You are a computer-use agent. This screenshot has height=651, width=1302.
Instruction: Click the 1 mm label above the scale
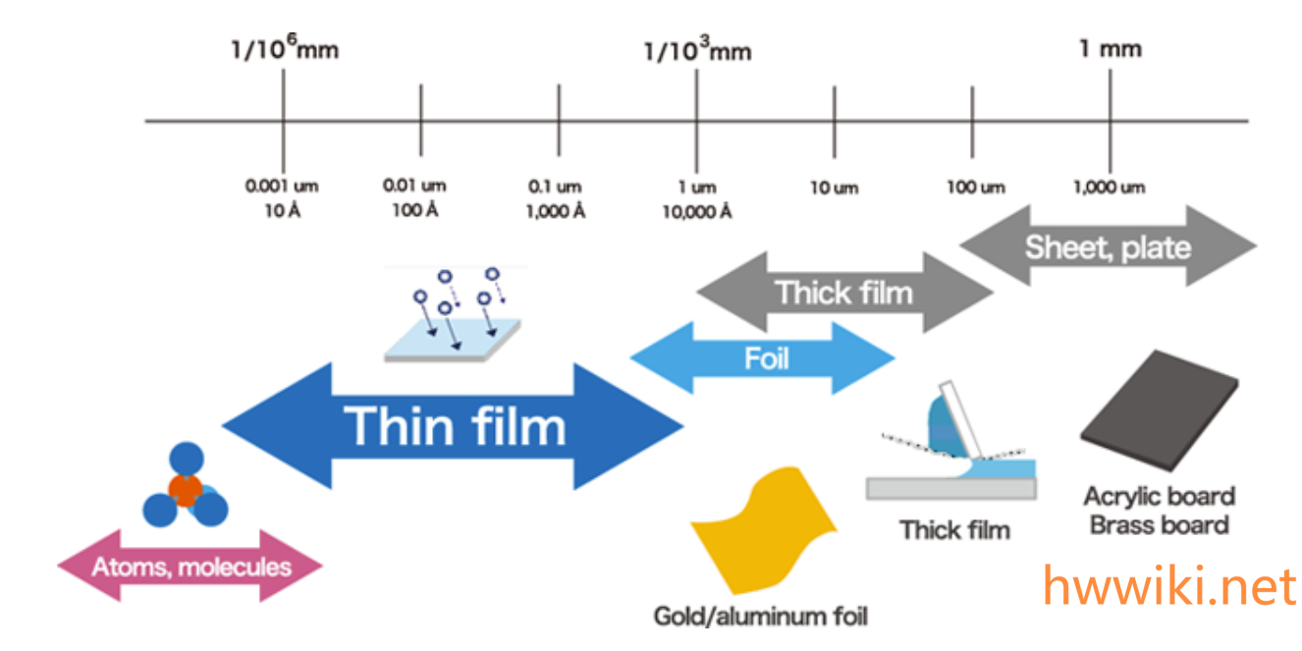(x=1111, y=49)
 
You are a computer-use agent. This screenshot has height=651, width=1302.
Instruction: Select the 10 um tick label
(x=834, y=188)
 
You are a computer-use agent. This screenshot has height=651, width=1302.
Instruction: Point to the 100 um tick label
(x=975, y=188)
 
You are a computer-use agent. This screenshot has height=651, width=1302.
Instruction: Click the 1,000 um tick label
(x=1109, y=188)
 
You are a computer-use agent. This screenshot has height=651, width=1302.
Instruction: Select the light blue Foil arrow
(x=764, y=358)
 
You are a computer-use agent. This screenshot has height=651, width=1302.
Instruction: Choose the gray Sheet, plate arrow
(x=1107, y=246)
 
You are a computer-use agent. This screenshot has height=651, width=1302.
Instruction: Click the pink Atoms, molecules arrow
(x=190, y=567)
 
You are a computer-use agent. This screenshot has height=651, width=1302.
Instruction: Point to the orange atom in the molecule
(x=185, y=488)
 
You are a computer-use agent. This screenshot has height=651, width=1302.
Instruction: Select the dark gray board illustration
(x=1159, y=412)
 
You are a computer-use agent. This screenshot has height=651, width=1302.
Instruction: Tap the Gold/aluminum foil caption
(x=761, y=617)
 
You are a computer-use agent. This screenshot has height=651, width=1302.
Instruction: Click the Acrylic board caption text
(x=1159, y=497)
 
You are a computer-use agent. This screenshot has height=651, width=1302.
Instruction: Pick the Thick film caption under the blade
(x=954, y=530)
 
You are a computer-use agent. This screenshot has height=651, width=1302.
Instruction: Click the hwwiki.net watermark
(x=1168, y=586)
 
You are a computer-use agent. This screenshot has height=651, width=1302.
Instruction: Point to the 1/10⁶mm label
(x=284, y=49)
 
